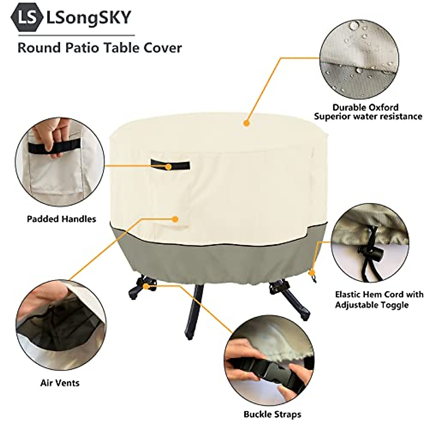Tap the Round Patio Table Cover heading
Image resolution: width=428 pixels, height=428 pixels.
(x=100, y=47)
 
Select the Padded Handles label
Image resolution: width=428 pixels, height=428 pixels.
(x=61, y=219)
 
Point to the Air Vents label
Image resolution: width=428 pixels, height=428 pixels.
(x=60, y=383)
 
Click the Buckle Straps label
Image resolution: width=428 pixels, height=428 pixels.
(x=272, y=414)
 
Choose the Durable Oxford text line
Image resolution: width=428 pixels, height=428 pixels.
(x=365, y=107)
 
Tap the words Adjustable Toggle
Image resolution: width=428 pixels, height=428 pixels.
(x=371, y=305)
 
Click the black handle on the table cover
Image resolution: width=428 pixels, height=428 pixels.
(x=170, y=164)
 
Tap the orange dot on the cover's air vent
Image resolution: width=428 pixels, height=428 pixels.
(x=175, y=219)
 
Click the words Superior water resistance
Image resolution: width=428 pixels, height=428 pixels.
(x=368, y=116)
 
